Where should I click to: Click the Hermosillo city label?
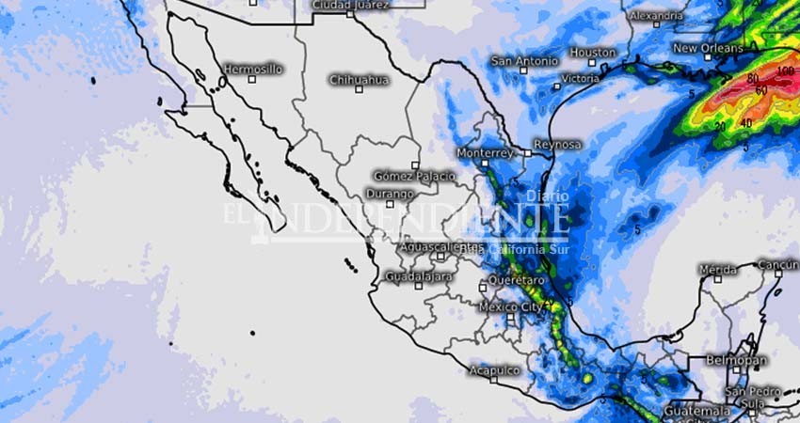click(x=252, y=69)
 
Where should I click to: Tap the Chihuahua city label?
click(x=359, y=80)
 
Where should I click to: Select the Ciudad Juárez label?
click(x=350, y=5)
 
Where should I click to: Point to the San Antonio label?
click(x=524, y=62)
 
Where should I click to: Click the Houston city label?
click(x=593, y=53)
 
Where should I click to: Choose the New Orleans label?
click(x=708, y=48)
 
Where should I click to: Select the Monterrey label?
click(x=484, y=152)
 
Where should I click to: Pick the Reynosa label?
click(x=557, y=145)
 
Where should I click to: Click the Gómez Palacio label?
click(x=414, y=176)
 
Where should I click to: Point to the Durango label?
click(x=388, y=194)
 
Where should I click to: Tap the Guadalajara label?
click(x=419, y=276)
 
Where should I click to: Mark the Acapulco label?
click(x=494, y=370)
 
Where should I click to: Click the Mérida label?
click(x=718, y=270)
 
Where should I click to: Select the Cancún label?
click(x=778, y=266)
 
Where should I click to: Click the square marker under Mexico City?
click(x=511, y=319)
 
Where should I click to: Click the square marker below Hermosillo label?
click(x=251, y=79)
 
